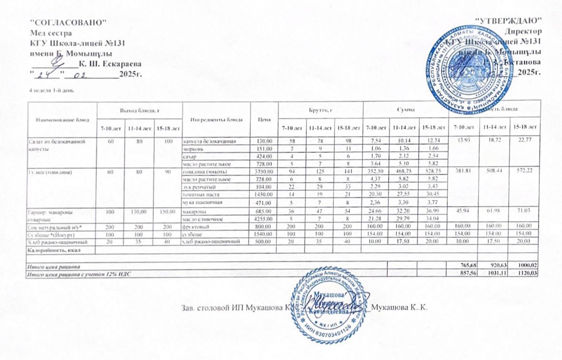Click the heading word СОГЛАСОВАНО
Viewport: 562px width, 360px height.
pyautogui.click(x=67, y=22)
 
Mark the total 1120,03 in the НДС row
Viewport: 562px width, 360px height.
pyautogui.click(x=527, y=273)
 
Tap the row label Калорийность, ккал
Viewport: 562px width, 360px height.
pyautogui.click(x=54, y=250)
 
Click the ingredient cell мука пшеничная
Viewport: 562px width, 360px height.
pyautogui.click(x=201, y=202)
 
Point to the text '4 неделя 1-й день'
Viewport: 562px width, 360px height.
pyautogui.click(x=51, y=90)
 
